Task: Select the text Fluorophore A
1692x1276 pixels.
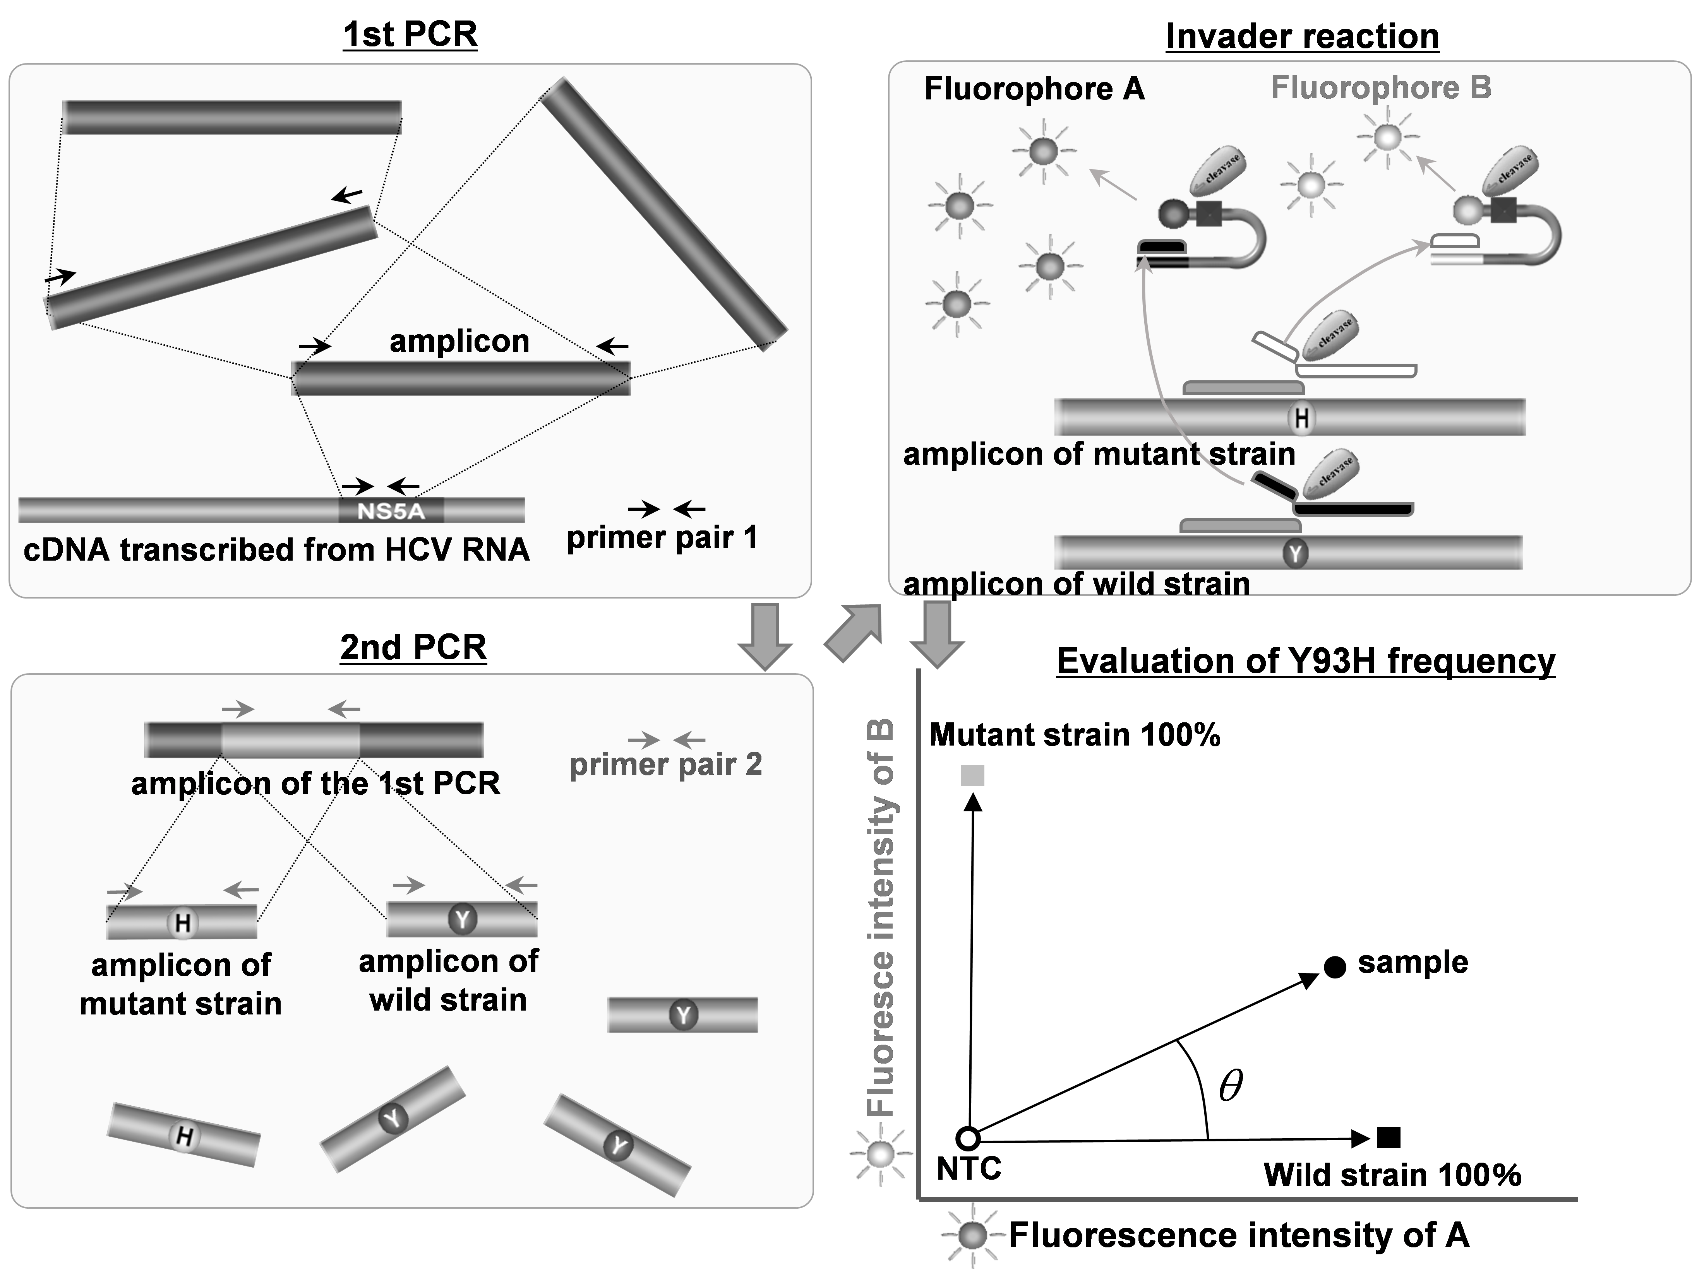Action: (x=1034, y=89)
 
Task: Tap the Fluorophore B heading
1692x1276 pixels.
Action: (x=1381, y=88)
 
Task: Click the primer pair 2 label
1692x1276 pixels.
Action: (x=665, y=764)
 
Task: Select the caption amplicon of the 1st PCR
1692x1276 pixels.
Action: (x=315, y=783)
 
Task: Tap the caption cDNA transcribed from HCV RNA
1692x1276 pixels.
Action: (x=276, y=550)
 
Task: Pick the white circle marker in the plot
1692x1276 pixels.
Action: (x=968, y=1138)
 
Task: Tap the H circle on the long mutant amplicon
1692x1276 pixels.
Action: (x=1301, y=418)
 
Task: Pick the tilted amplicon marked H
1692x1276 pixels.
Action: (x=183, y=1135)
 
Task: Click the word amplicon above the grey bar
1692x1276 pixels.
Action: (x=459, y=341)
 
